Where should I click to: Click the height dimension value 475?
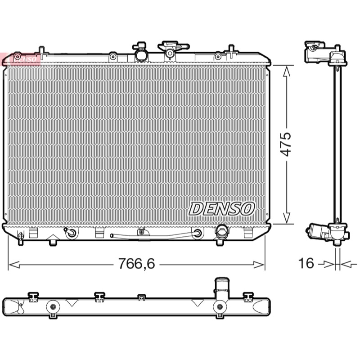coord(286,144)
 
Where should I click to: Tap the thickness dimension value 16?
coord(306,263)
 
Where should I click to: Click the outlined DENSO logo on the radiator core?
coord(221,209)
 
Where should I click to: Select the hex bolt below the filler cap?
coord(170,54)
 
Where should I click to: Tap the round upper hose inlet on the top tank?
coord(140,55)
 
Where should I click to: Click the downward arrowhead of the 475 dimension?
coord(286,218)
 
